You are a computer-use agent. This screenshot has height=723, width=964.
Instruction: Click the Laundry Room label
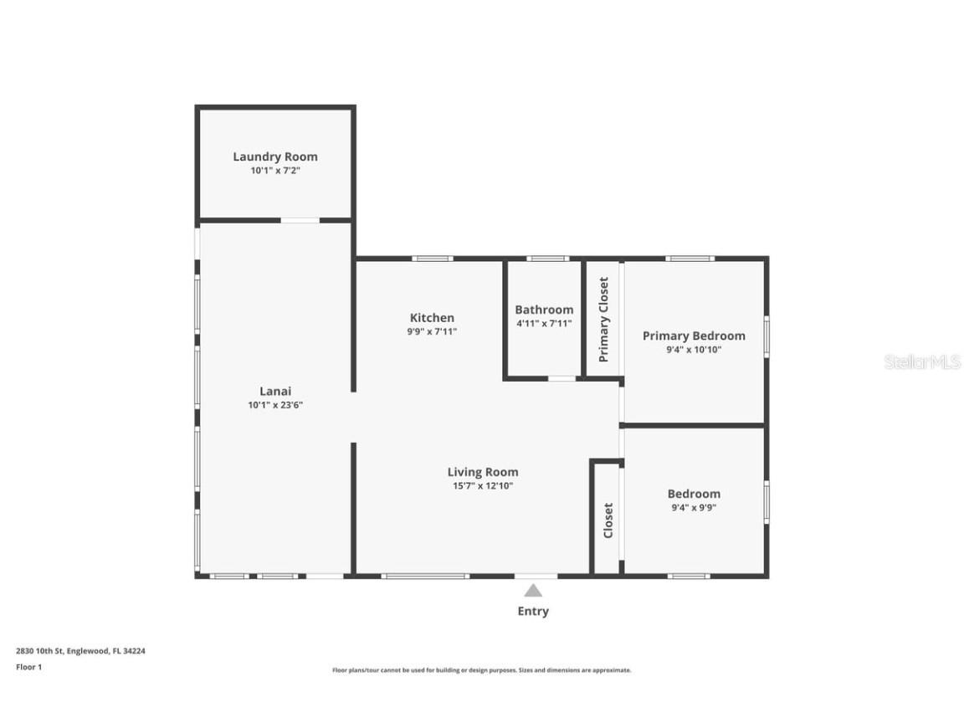tap(274, 156)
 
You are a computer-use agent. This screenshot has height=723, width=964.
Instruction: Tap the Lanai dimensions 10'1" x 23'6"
tap(274, 405)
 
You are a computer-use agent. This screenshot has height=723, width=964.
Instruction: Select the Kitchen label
tap(432, 317)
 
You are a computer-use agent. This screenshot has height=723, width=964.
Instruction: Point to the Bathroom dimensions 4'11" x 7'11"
tap(544, 323)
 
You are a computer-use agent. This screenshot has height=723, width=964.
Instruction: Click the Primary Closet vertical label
tap(603, 319)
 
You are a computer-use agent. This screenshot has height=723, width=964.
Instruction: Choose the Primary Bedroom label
tap(693, 336)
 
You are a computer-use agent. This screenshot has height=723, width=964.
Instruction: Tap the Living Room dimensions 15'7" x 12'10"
tap(482, 485)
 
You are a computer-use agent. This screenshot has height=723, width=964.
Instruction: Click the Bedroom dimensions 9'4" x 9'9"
tap(693, 507)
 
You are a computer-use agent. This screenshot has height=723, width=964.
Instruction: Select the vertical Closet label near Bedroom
tap(608, 520)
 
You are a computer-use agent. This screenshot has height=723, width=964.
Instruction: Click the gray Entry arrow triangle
tap(533, 591)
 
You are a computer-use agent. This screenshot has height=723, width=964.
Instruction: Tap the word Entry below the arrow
tap(533, 611)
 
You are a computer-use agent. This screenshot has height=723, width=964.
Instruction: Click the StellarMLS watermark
tap(922, 362)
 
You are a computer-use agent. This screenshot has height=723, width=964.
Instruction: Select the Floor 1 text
tap(28, 667)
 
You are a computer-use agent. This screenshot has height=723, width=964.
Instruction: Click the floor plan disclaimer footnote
tap(481, 670)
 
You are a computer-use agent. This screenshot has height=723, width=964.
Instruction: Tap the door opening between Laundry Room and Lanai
tap(300, 220)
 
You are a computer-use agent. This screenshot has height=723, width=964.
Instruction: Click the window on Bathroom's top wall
tap(548, 259)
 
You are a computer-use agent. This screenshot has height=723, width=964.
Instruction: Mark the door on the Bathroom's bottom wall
tap(561, 379)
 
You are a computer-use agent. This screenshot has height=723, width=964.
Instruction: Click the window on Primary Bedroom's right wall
tap(766, 336)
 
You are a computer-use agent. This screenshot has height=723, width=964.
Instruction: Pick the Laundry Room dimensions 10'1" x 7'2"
tap(274, 171)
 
